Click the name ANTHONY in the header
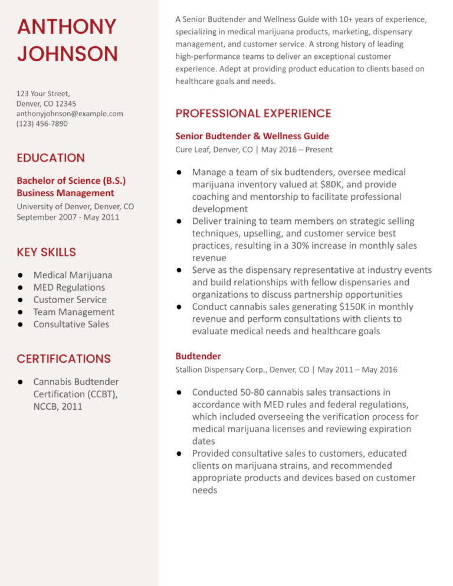click(x=67, y=27)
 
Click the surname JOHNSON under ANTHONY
click(x=67, y=54)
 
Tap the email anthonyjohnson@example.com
click(x=70, y=113)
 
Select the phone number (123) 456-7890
click(x=42, y=123)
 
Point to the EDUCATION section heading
click(x=51, y=158)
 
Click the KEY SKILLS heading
click(x=46, y=252)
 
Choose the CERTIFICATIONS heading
click(x=64, y=358)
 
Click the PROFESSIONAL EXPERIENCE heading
click(x=253, y=113)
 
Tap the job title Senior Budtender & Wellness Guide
click(x=252, y=136)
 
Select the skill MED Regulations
click(x=69, y=287)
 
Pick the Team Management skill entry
click(x=74, y=312)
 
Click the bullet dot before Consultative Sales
click(x=21, y=324)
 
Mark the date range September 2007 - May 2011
click(x=68, y=217)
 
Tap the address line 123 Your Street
click(x=43, y=93)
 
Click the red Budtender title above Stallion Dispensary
click(x=198, y=356)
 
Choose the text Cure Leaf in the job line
click(x=192, y=150)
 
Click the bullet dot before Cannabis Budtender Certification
click(x=21, y=382)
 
